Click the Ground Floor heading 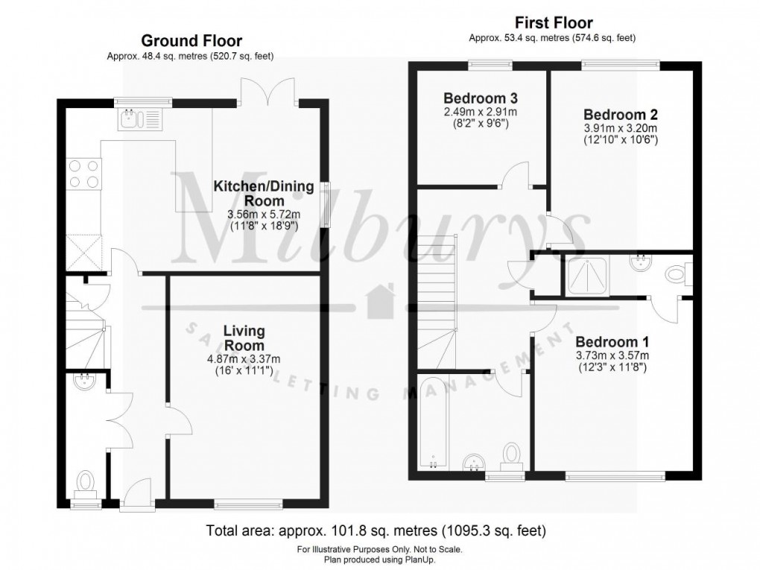point(191,40)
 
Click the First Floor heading point(552,23)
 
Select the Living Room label point(244,338)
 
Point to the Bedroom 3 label point(480,98)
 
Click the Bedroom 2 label point(620,115)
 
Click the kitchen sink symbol point(139,118)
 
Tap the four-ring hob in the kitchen point(84,174)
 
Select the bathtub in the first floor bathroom point(433,422)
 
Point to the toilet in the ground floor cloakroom point(86,482)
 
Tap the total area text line point(376,531)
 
